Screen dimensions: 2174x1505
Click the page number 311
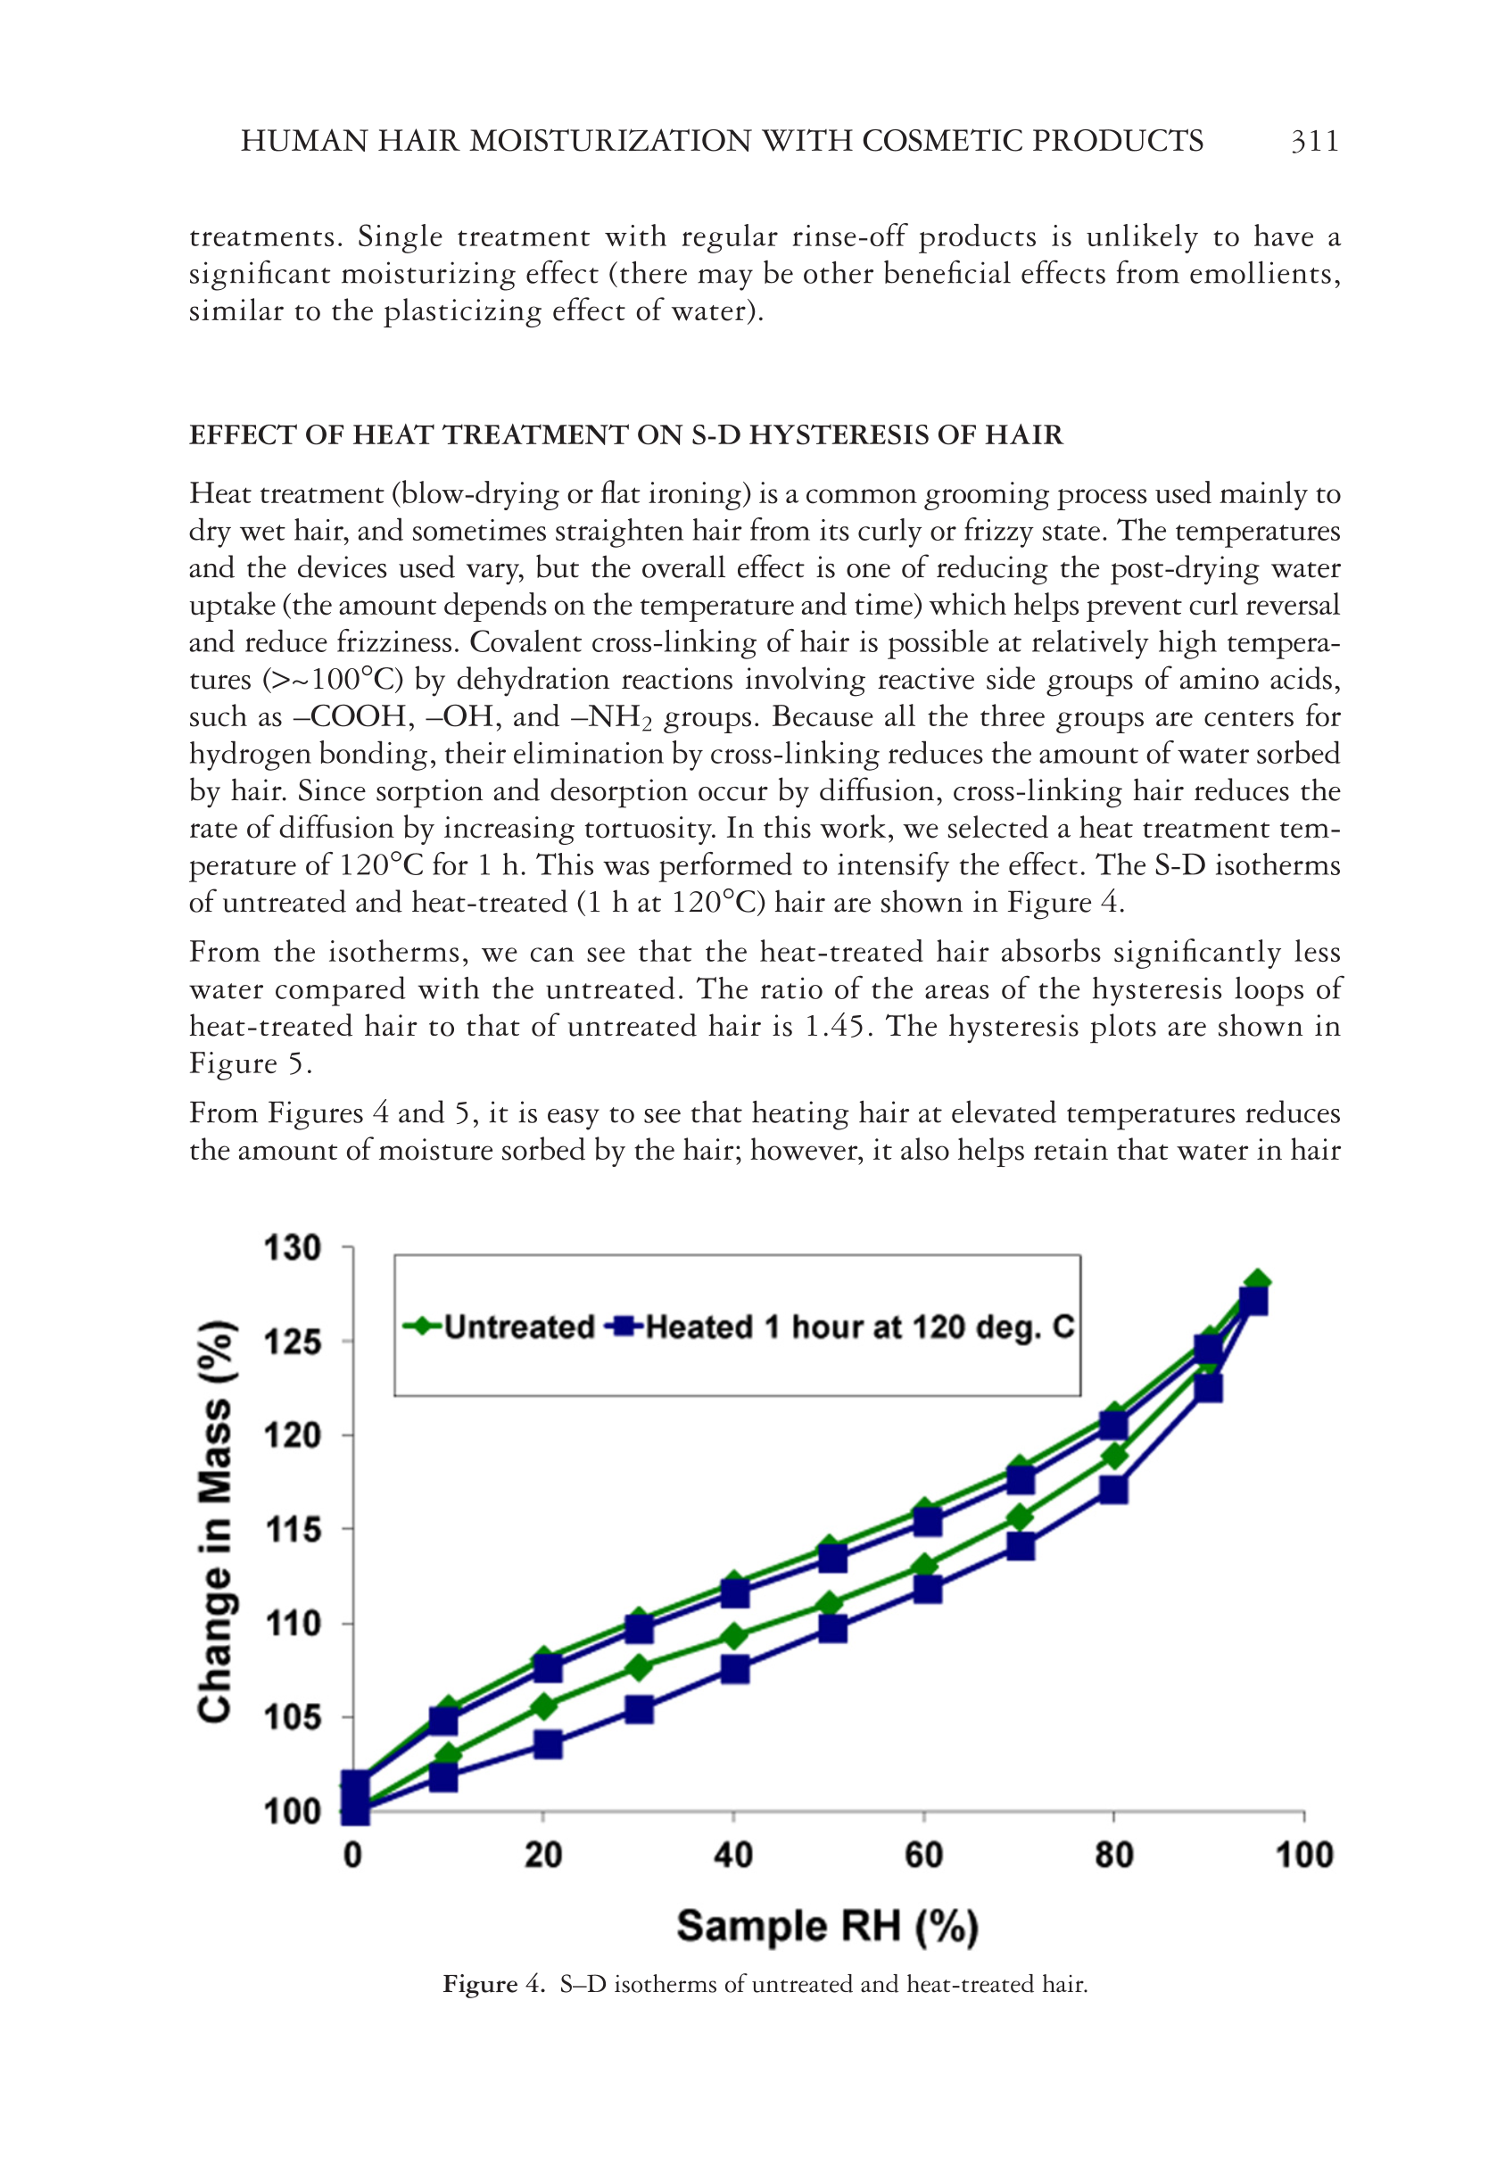[1314, 142]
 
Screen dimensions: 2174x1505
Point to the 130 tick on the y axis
[293, 1248]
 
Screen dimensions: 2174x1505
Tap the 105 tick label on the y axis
[293, 1718]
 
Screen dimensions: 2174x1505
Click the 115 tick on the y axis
[293, 1529]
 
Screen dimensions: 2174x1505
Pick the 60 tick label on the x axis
[923, 1856]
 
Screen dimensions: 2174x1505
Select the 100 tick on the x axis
[1303, 1856]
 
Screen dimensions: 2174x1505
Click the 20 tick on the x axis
[543, 1856]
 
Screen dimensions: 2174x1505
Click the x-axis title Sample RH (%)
[827, 1925]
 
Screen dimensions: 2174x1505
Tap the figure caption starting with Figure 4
[765, 1985]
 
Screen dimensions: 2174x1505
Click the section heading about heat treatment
[625, 434]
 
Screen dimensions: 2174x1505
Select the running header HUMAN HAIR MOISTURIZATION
[722, 142]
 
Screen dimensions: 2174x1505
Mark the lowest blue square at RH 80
[1113, 1491]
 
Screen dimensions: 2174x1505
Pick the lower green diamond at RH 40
[733, 1637]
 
